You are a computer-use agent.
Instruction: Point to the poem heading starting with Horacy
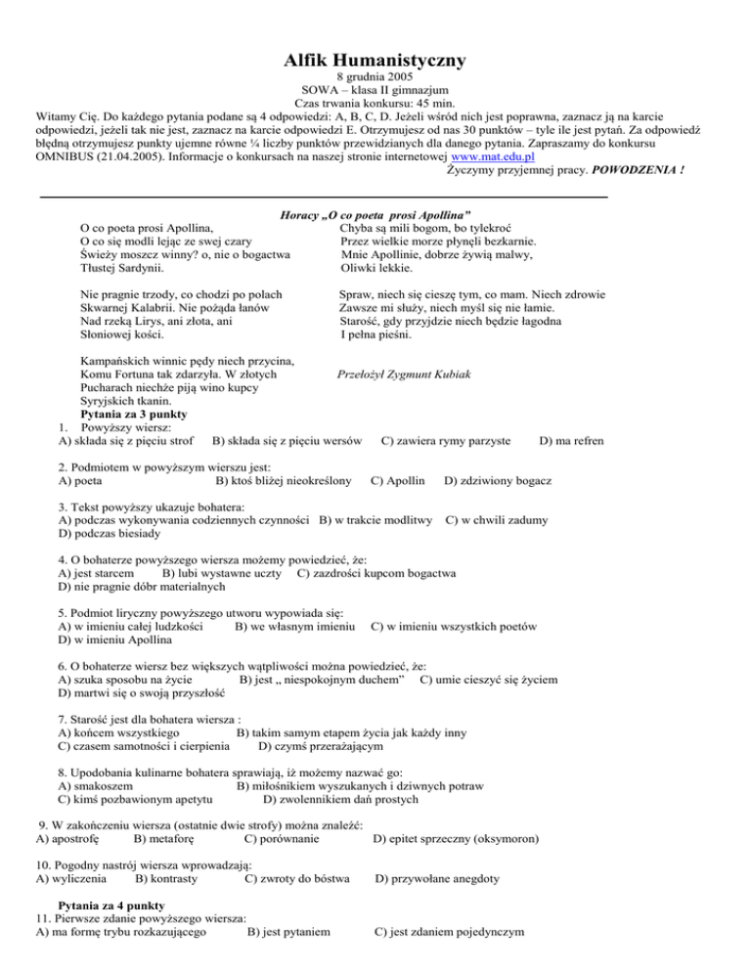pyautogui.click(x=375, y=213)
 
